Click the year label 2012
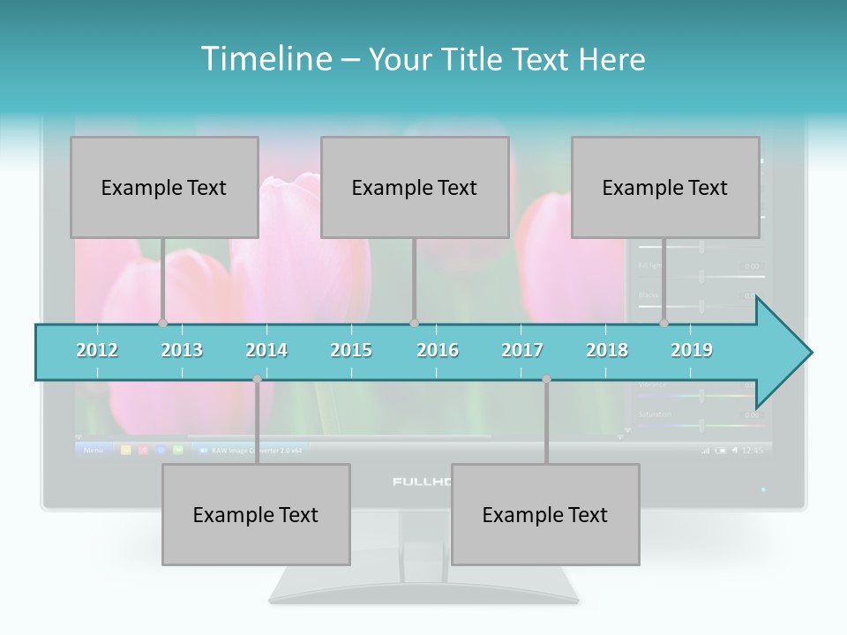point(97,350)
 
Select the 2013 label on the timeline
point(182,350)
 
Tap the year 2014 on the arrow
point(266,350)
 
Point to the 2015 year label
point(351,350)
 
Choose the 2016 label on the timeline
point(438,350)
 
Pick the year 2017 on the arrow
point(522,350)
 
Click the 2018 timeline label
point(607,350)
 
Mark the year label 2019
point(692,350)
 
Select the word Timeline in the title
point(266,59)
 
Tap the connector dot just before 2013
point(162,323)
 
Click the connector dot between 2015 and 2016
point(414,323)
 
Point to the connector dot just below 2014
point(257,379)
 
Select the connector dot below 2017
point(546,379)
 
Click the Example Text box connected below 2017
point(545,514)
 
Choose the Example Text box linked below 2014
point(256,514)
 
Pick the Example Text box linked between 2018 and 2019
point(665,187)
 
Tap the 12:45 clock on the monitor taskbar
point(752,450)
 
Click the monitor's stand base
point(423,586)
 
